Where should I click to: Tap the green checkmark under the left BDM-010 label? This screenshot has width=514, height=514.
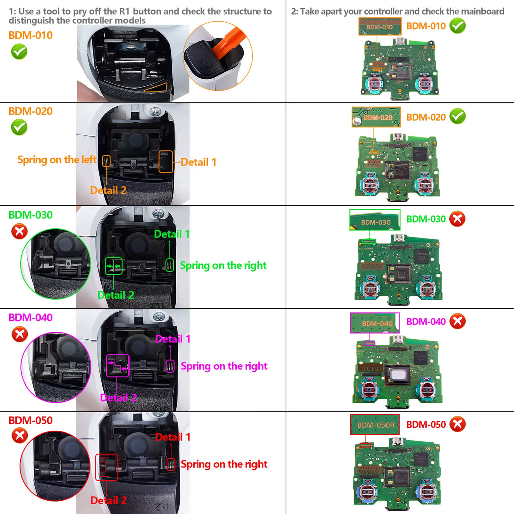pos(19,51)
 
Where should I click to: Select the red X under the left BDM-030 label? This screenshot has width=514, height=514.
pos(19,231)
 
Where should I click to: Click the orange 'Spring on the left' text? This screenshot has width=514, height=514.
pos(57,160)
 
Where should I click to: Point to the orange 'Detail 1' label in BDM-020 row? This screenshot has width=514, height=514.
pos(199,162)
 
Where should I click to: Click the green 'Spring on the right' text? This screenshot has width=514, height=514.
pos(223,265)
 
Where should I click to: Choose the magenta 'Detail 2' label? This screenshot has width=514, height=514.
pos(118,398)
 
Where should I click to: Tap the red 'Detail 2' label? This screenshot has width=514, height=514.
pos(108,500)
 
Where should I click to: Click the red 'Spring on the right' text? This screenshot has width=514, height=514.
pos(224,464)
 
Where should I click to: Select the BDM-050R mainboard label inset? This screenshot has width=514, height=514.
pos(374,425)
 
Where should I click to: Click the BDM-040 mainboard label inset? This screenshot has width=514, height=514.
pos(374,323)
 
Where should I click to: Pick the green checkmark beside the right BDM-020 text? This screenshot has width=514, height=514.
pos(457,117)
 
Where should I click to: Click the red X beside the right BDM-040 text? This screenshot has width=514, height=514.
pos(457,321)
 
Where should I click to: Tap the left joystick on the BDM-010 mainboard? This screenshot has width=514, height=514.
pos(373,82)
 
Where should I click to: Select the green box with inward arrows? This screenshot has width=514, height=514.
pos(113,266)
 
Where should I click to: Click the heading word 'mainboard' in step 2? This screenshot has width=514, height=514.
pos(482,11)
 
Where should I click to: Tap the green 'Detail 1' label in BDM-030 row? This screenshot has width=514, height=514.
pos(172,234)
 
